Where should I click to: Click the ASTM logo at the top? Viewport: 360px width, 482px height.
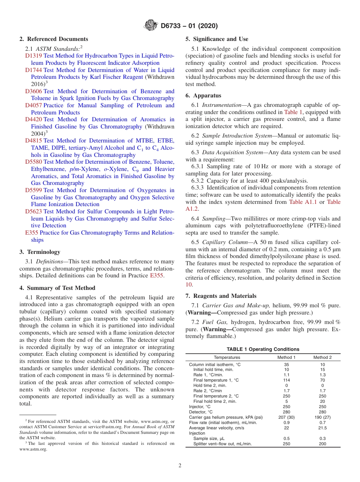tap(151, 26)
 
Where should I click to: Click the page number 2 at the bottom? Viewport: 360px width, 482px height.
tap(180, 465)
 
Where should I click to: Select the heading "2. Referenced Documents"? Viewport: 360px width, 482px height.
tap(54, 39)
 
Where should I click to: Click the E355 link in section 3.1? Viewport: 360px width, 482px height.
tap(157, 275)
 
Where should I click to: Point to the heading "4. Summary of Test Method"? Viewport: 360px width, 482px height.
tap(57, 288)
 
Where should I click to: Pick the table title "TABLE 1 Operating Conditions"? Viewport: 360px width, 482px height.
tap(263, 349)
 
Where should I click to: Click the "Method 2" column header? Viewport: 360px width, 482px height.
tap(322, 357)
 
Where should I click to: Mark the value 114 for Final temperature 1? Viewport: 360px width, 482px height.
tap(286, 380)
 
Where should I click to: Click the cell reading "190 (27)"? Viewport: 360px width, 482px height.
tap(322, 417)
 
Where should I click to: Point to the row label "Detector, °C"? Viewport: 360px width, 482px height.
tap(201, 412)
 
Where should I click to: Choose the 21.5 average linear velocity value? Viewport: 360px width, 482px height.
tap(322, 428)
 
